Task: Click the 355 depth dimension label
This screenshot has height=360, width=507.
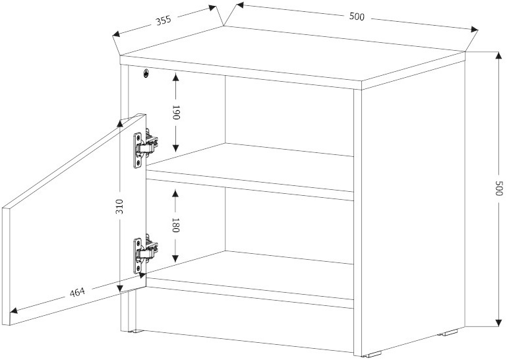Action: (x=164, y=20)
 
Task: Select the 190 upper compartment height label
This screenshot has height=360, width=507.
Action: (x=175, y=112)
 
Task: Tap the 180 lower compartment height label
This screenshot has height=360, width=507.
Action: (x=175, y=225)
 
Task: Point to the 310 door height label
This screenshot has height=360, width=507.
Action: (x=120, y=206)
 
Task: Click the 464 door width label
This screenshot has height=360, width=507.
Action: (x=77, y=292)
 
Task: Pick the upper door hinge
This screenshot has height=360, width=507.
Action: (x=146, y=148)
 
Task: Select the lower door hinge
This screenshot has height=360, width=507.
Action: (x=146, y=255)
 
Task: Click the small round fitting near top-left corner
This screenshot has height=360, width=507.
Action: (x=146, y=74)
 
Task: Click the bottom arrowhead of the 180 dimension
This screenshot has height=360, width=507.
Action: (x=175, y=258)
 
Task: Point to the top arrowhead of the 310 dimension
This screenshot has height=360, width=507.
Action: (x=120, y=123)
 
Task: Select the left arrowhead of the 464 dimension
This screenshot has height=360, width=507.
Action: (x=15, y=311)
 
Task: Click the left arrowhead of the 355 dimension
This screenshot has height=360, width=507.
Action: (x=117, y=34)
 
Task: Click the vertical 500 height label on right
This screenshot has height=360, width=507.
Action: (x=499, y=188)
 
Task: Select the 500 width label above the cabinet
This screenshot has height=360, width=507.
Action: (x=357, y=16)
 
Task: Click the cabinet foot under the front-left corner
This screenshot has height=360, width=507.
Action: (x=136, y=332)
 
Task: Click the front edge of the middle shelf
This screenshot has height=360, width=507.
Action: (x=250, y=185)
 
